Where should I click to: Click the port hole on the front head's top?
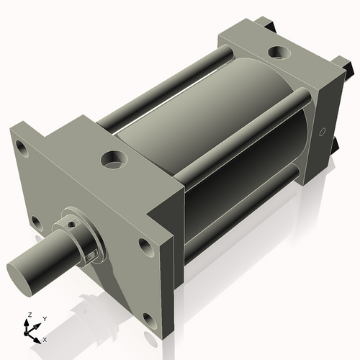114,157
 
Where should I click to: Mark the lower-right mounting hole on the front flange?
148,318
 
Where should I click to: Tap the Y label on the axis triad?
44,318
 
